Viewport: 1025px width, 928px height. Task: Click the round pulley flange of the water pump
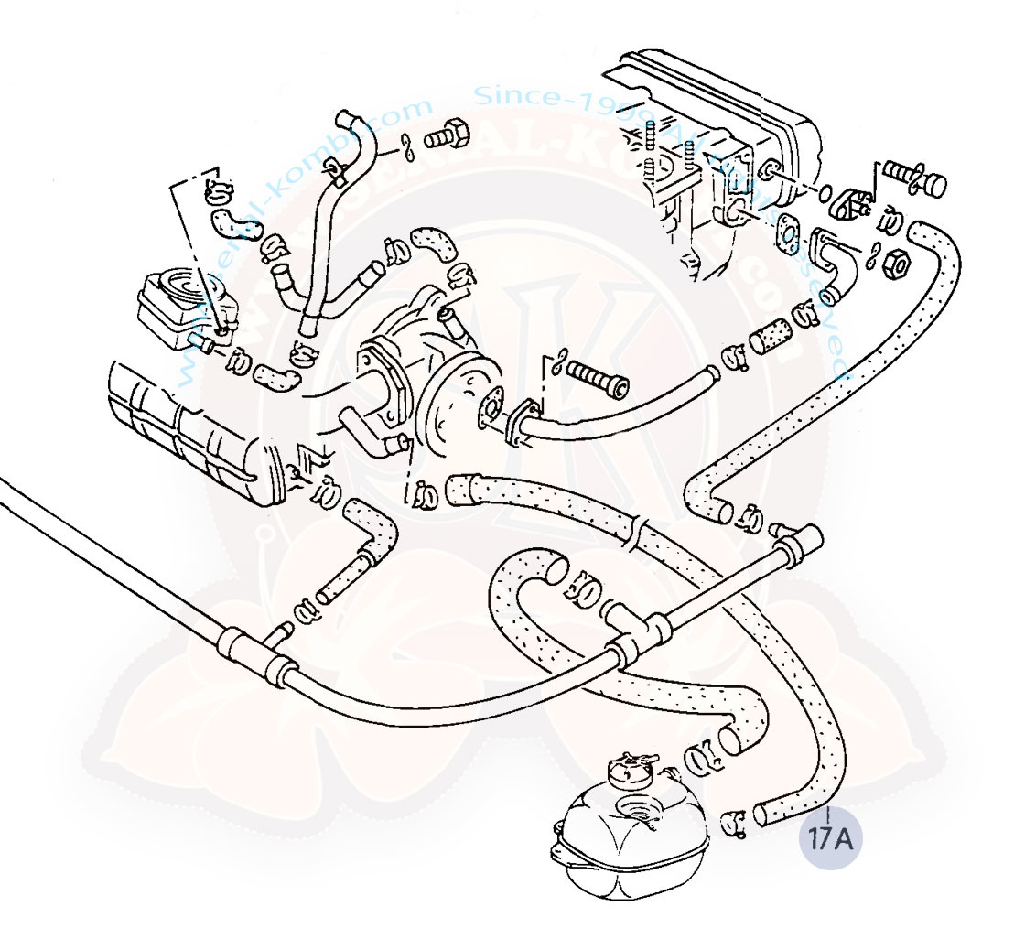coord(463,402)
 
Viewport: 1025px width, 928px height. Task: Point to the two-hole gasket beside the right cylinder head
coord(786,236)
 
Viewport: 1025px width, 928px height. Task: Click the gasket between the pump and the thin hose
coord(522,423)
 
